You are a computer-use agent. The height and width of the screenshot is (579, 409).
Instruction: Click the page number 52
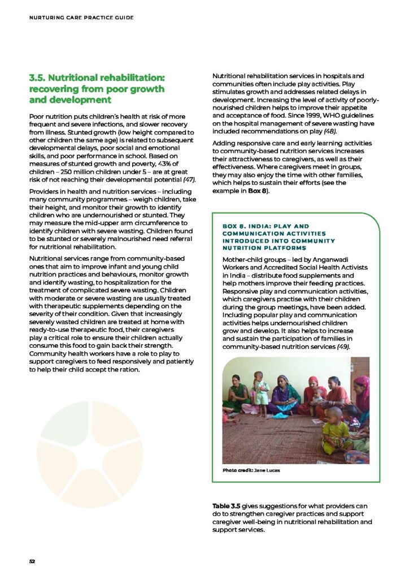pyautogui.click(x=32, y=561)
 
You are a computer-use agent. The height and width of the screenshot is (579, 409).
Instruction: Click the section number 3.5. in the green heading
pyautogui.click(x=41, y=77)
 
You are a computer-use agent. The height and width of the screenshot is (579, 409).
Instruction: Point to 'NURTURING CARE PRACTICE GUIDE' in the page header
pyautogui.click(x=81, y=18)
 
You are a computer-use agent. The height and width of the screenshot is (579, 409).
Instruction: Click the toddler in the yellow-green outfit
pyautogui.click(x=334, y=429)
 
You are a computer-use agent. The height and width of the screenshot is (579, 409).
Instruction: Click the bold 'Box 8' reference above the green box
pyautogui.click(x=260, y=191)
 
